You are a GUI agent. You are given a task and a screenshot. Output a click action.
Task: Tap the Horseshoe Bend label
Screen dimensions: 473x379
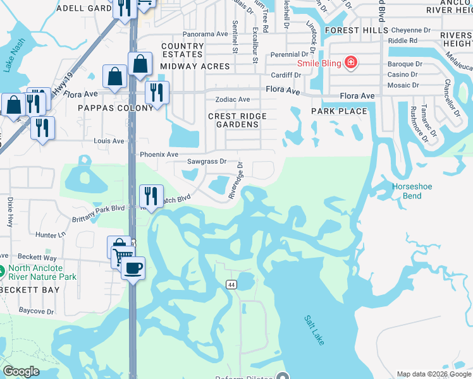pos(412,191)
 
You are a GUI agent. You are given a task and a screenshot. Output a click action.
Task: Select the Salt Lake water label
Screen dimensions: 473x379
pos(314,330)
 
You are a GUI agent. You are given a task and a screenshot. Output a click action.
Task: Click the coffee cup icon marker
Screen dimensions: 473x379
pos(133,268)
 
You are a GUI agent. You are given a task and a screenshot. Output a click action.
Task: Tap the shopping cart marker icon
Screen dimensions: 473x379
pos(122,256)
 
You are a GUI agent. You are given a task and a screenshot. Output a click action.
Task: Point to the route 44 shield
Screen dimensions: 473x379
pos(231,286)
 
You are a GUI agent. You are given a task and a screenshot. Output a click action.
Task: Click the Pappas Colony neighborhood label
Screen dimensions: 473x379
pos(116,108)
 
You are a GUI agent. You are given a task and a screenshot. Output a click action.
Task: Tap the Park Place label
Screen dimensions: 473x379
pos(339,111)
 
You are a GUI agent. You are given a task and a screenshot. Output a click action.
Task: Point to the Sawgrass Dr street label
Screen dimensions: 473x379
pos(206,161)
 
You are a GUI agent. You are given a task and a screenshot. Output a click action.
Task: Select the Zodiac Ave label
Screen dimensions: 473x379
pos(233,100)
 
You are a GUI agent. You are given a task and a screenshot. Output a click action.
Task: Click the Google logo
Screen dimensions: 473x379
pos(21,371)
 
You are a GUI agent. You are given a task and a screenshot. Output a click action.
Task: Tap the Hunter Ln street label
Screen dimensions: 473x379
pos(51,235)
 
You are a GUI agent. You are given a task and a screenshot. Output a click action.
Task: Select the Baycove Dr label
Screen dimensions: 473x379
pos(36,311)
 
